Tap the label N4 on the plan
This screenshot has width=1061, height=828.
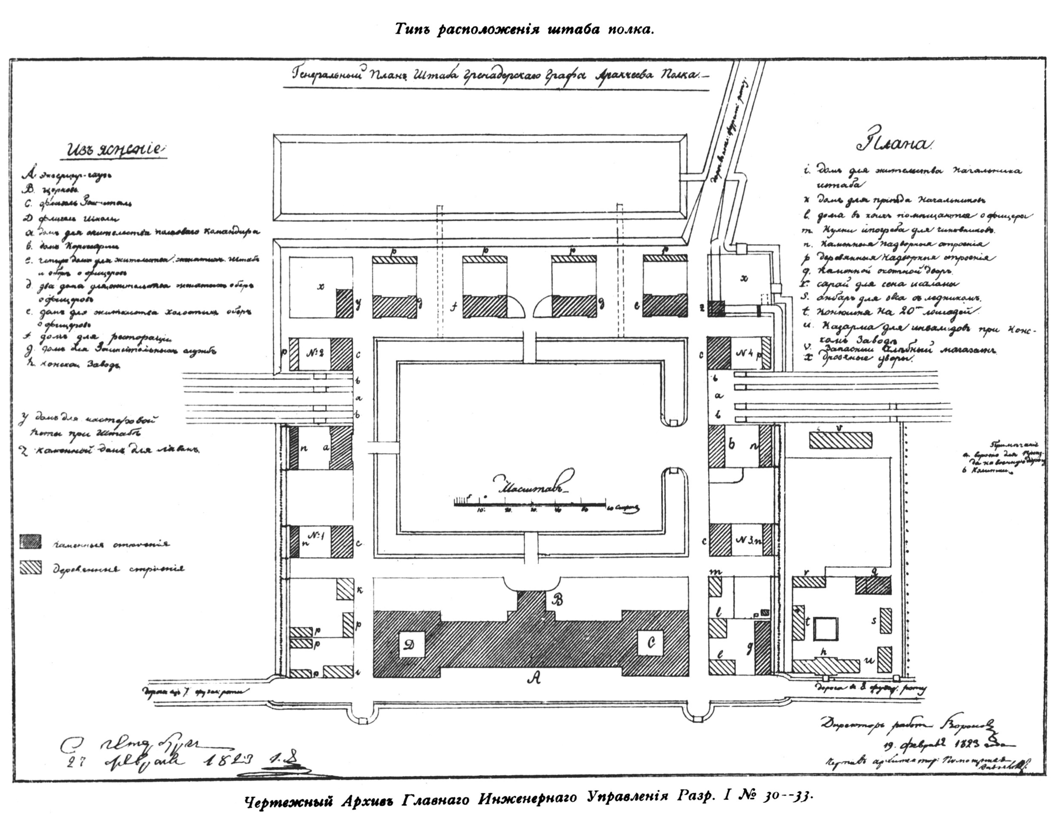click(746, 353)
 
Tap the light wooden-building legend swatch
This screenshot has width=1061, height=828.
click(31, 568)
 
